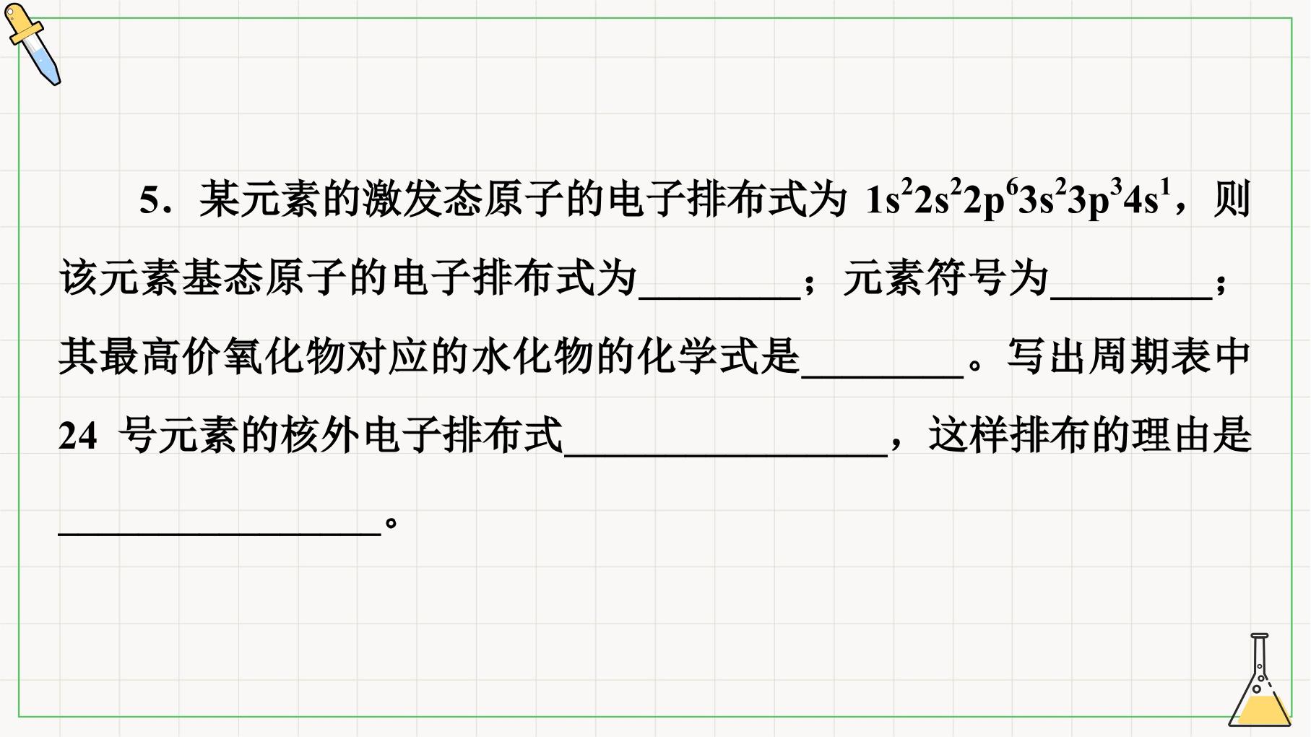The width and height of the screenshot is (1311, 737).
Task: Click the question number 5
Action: pos(150,200)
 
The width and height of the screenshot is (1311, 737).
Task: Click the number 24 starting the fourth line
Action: pos(77,436)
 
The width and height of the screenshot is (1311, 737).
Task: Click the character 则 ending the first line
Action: pos(1232,199)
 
